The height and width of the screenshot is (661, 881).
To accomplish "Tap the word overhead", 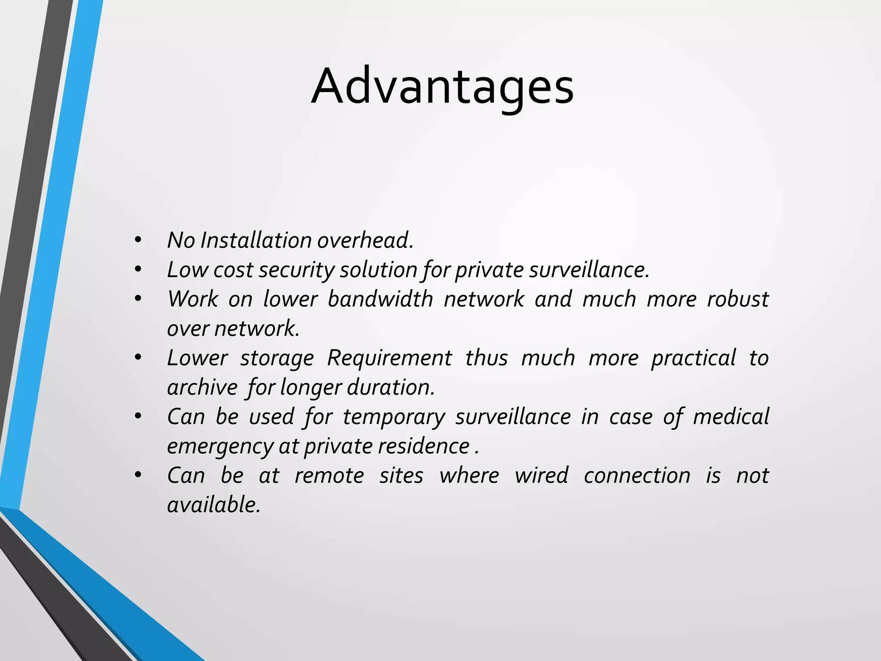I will [x=365, y=240].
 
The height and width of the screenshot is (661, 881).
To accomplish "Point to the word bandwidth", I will [x=380, y=299].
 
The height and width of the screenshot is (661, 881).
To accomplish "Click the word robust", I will [x=738, y=299].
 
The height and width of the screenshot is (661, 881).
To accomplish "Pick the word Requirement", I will [x=389, y=358].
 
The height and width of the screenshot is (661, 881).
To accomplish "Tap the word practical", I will [x=693, y=358].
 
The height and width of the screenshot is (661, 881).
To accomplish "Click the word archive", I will [x=202, y=387].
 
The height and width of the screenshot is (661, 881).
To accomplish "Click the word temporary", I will [x=394, y=417].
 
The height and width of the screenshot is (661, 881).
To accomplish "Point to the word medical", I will [x=731, y=417].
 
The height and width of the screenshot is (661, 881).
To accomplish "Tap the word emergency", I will [x=220, y=446].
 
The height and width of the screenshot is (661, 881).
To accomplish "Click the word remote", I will [x=329, y=476].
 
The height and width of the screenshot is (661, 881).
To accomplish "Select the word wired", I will [x=541, y=476].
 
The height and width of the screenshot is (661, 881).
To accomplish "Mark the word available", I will [x=214, y=505].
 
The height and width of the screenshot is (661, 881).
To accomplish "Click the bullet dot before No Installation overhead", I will [x=138, y=240].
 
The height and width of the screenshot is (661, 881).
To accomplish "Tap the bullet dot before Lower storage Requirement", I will [x=138, y=358].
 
